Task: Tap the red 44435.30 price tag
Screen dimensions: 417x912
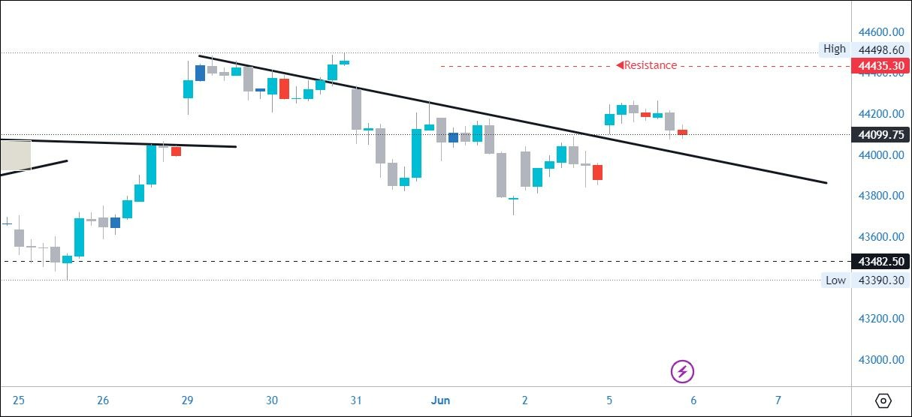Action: [x=880, y=66]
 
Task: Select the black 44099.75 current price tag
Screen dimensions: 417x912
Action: [x=880, y=135]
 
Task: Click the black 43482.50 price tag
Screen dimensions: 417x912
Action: [x=880, y=261]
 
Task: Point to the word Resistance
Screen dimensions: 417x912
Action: [x=651, y=65]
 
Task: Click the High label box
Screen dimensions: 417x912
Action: [x=834, y=49]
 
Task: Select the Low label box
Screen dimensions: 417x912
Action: [x=835, y=280]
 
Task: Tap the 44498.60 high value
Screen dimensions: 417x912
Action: [x=880, y=49]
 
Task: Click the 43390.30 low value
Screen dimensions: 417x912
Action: [x=880, y=280]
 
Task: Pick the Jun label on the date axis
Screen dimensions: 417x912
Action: [x=441, y=400]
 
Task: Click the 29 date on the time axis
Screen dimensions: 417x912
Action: [x=188, y=400]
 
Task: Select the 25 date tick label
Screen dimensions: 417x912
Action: [x=19, y=400]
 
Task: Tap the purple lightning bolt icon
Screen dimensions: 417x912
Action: [x=682, y=370]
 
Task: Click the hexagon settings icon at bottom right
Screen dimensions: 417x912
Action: [x=883, y=400]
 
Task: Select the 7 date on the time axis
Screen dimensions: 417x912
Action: [x=778, y=400]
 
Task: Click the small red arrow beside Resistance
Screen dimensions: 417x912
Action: [x=620, y=65]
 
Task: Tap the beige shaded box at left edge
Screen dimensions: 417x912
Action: [x=15, y=154]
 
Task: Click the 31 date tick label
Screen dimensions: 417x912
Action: [x=357, y=400]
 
